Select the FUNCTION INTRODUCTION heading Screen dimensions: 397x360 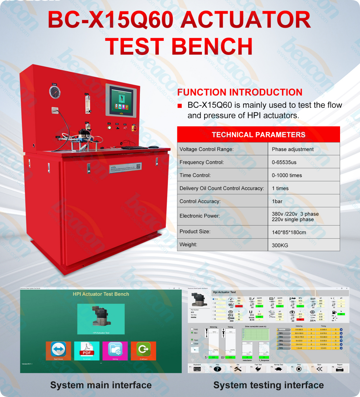pos(240,92)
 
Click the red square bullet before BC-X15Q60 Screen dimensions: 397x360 pos(180,106)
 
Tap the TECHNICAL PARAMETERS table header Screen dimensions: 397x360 pos(258,135)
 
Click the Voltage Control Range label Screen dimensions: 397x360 pos(206,149)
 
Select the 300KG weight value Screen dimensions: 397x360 pos(280,245)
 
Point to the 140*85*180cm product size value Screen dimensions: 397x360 pos(289,232)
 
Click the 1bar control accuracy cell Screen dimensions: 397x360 pos(277,202)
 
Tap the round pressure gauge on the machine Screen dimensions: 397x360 pos(55,92)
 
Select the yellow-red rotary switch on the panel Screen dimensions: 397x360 pos(135,128)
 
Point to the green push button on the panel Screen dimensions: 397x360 pos(109,128)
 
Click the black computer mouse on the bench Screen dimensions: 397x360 pos(153,147)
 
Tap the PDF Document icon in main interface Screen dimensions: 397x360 pos(87,350)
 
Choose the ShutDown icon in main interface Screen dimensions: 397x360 pos(144,350)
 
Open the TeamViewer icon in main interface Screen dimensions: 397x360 pos(58,350)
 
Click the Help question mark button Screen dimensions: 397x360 pos(217,369)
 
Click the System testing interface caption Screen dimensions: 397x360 pos(268,385)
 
